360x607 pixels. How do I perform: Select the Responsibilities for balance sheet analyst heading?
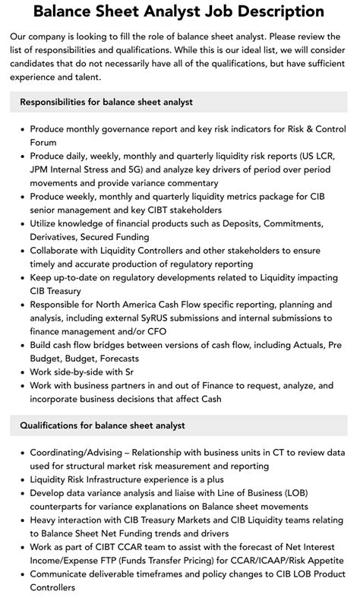tap(106, 101)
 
